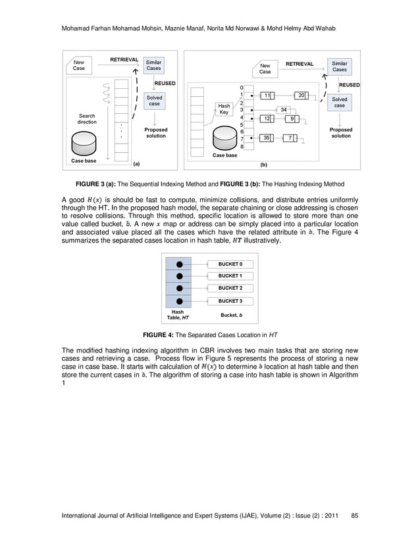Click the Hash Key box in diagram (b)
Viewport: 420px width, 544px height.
point(224,109)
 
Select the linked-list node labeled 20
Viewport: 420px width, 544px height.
point(302,95)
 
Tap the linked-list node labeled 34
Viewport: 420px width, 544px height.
point(283,109)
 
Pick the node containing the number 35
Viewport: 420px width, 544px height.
point(266,138)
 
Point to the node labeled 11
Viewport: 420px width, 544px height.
point(266,95)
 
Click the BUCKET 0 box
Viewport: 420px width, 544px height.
point(230,263)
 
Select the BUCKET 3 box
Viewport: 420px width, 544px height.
point(230,301)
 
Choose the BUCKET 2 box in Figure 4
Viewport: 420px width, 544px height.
point(230,288)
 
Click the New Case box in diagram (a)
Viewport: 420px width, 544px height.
point(79,65)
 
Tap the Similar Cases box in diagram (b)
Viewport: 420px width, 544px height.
point(339,66)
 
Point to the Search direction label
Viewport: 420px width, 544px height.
point(86,119)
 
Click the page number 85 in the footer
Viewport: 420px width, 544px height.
point(355,515)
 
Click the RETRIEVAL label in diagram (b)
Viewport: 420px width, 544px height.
point(300,64)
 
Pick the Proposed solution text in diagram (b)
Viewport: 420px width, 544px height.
point(340,133)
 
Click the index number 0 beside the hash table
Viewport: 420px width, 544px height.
point(241,88)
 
